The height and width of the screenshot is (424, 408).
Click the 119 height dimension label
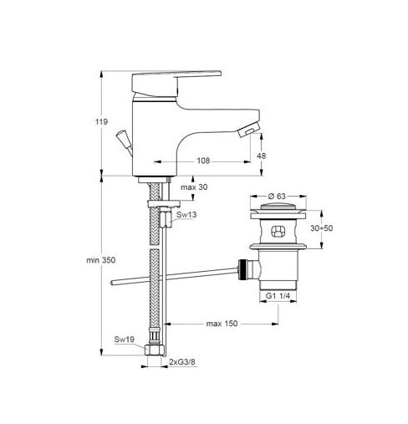(101, 122)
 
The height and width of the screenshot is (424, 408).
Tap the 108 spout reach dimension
(203, 161)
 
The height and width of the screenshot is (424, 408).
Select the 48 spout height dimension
(261, 156)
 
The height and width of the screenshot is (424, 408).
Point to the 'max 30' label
(194, 187)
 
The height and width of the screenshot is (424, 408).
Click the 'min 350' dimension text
(100, 260)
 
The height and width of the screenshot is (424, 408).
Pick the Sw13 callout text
(186, 215)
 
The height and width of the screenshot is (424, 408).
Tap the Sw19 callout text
(125, 340)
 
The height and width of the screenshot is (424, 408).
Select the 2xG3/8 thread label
(182, 362)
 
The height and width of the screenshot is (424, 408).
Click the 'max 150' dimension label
(222, 324)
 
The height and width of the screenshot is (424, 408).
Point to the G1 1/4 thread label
(278, 296)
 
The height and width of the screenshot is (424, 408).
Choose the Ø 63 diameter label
(277, 197)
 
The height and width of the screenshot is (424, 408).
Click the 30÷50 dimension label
(321, 228)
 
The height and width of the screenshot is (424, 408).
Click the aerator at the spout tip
(249, 130)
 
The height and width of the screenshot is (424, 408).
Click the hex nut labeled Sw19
(155, 350)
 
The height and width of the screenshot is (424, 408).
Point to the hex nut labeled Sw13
(166, 219)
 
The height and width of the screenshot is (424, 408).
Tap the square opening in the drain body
(278, 231)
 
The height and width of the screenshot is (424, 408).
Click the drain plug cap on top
(278, 207)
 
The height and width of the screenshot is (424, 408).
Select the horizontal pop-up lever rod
(175, 276)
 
